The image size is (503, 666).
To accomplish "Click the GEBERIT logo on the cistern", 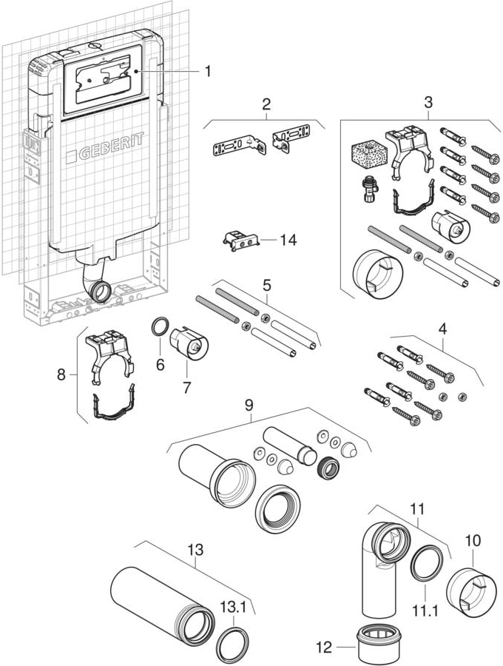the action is coord(105,147).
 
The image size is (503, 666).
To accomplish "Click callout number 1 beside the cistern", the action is coord(208,71).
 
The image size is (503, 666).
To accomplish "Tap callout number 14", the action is coord(288,240).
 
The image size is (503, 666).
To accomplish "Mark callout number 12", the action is coord(324,647).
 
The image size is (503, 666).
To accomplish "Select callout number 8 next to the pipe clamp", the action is coord(61,374).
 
